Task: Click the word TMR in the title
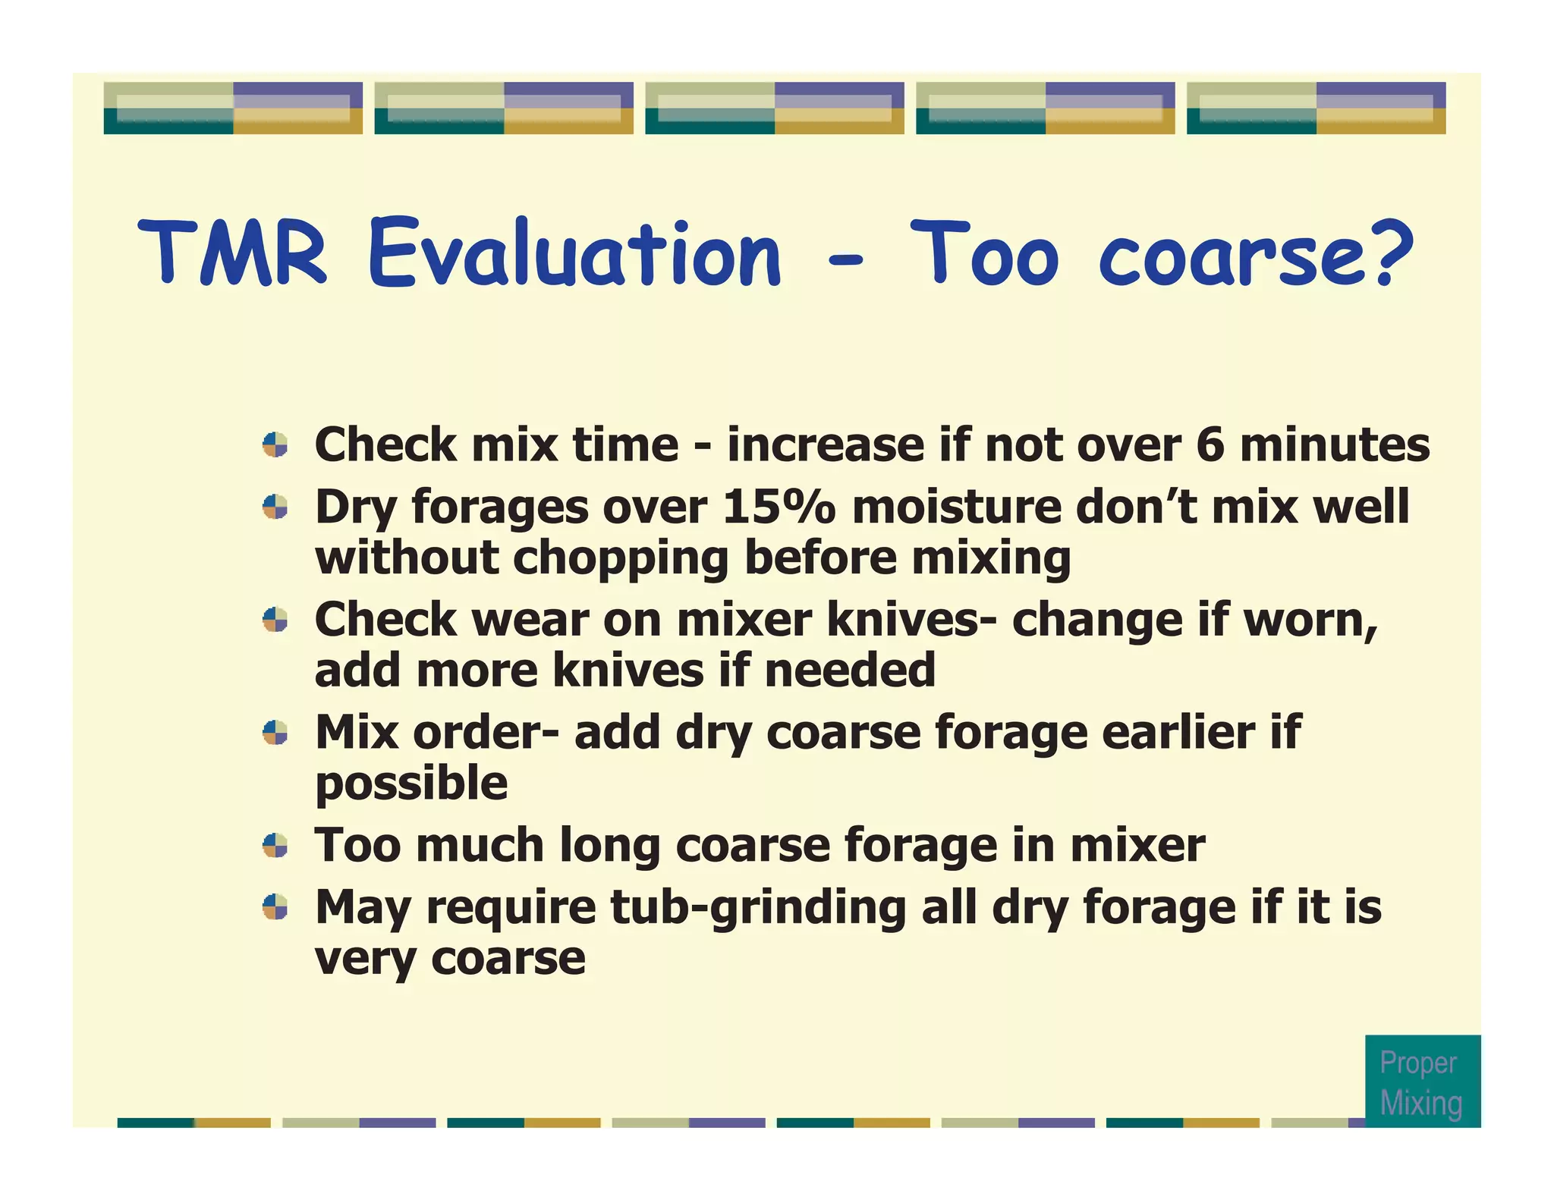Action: click(x=233, y=253)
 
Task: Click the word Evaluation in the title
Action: click(x=574, y=253)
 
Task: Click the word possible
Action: click(x=411, y=784)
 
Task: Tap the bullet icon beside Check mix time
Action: click(x=275, y=445)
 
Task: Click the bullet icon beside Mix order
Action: click(x=275, y=733)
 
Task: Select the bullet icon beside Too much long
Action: click(x=275, y=845)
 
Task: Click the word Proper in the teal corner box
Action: click(x=1417, y=1063)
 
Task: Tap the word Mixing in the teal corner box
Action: click(x=1420, y=1103)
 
